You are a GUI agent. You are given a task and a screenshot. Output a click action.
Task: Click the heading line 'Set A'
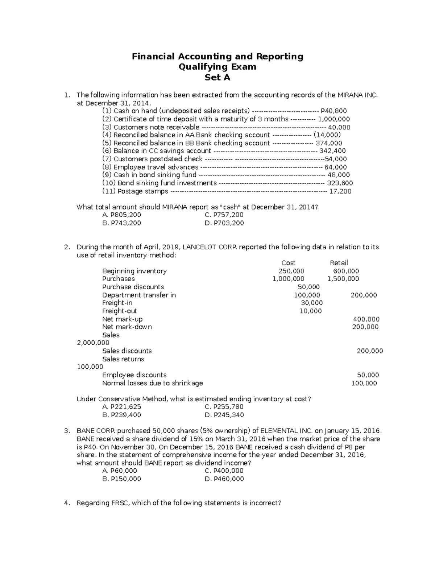(x=217, y=78)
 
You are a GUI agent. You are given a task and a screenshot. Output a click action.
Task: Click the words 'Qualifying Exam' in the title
(x=217, y=67)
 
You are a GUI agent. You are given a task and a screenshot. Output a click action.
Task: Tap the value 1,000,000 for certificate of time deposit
(x=333, y=119)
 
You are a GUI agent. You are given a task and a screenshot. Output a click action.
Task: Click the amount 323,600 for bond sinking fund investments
(x=340, y=183)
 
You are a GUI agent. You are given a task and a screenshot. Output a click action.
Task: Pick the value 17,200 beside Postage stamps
(x=340, y=191)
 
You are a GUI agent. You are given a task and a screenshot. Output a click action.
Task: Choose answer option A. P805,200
(x=122, y=215)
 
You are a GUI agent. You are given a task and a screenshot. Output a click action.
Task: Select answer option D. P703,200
(x=224, y=223)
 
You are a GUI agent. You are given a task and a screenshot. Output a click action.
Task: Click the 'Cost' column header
(x=288, y=263)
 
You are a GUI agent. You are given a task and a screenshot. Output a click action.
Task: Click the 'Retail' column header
(x=339, y=263)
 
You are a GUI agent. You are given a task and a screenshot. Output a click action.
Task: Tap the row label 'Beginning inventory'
(x=134, y=271)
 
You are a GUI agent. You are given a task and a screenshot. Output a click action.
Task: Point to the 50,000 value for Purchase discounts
(x=308, y=287)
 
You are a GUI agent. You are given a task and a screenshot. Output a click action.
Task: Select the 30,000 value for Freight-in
(x=312, y=303)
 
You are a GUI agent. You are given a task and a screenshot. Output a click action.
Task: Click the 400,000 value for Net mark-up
(x=366, y=319)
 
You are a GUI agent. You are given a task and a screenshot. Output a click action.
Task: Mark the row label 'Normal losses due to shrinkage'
(x=153, y=383)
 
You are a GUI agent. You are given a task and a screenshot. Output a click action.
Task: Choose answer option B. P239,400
(x=122, y=415)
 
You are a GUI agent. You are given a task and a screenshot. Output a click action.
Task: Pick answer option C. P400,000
(x=224, y=471)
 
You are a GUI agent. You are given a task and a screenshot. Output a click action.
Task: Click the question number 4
(x=66, y=503)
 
